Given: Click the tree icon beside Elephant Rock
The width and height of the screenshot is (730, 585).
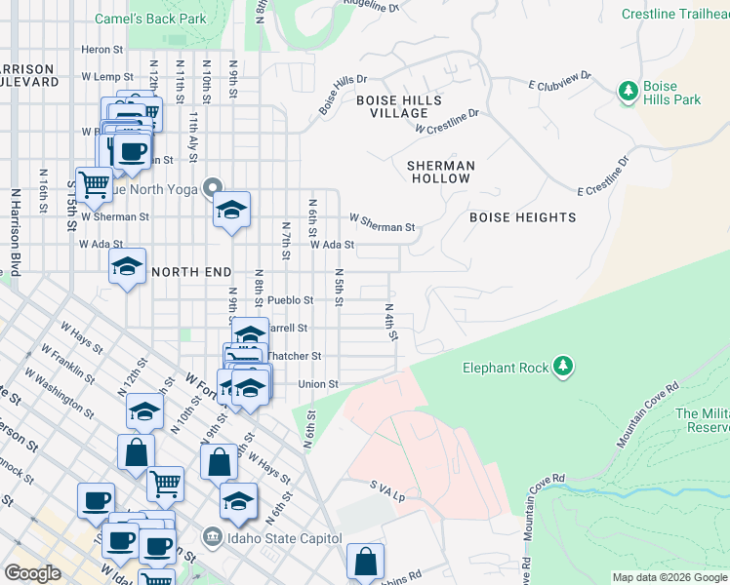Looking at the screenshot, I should coord(562,367).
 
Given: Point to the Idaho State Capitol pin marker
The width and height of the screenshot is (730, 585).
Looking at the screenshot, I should coord(212,537).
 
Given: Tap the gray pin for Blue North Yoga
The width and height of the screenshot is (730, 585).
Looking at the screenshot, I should coord(215,188).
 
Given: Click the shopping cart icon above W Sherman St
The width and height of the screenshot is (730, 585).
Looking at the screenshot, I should coord(95,182).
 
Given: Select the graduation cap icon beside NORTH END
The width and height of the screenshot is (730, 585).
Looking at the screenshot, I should coord(127,266).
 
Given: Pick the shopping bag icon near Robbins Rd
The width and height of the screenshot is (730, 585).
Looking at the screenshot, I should coord(365,561).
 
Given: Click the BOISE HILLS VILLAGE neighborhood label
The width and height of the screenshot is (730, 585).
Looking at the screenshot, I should coord(398,106).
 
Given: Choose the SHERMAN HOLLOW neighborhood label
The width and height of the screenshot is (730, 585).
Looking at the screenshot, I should coord(441,172).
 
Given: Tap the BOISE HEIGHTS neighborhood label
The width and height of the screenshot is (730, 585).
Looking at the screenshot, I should coord(523,216).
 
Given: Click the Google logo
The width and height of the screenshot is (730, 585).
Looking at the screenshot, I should coord(32,572).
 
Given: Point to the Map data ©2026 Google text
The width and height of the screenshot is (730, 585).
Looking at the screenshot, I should coord(669,577).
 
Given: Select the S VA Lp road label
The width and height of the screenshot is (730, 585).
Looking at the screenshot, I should coord(386,490).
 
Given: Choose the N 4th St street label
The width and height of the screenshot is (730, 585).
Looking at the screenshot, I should coord(390,322).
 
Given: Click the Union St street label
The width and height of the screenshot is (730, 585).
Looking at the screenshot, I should coord(317,384).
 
